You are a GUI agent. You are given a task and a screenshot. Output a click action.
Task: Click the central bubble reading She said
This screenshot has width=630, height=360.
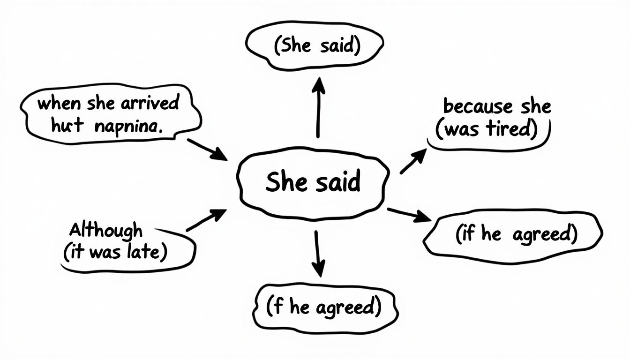(x=313, y=183)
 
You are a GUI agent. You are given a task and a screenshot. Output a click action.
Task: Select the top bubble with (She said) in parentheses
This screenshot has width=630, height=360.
(x=314, y=46)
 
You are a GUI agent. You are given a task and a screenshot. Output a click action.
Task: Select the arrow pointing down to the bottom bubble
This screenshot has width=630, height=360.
(x=318, y=253)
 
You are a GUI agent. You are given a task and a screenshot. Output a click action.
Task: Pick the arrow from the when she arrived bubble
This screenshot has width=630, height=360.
(x=206, y=149)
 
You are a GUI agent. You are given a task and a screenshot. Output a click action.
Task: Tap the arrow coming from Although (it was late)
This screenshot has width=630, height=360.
(x=206, y=220)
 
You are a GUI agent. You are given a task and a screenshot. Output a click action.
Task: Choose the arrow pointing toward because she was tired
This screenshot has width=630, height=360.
(x=413, y=162)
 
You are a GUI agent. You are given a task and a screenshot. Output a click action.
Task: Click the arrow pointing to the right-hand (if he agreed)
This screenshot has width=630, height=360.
(x=409, y=214)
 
